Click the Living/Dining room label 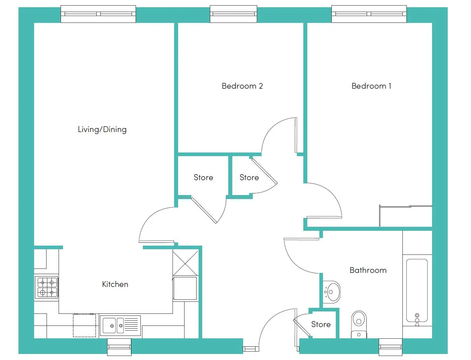(102, 130)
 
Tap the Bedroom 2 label (242, 86)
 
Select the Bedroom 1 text (371, 86)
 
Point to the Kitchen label (115, 284)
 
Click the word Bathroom (368, 270)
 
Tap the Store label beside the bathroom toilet (321, 324)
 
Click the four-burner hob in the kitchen (47, 287)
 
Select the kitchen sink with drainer (120, 325)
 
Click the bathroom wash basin (332, 292)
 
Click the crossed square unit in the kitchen (185, 262)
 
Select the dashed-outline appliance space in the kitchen (84, 325)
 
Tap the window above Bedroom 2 (233, 14)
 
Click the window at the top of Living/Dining (98, 14)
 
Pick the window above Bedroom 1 (369, 14)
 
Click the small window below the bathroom (390, 347)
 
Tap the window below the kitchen (119, 347)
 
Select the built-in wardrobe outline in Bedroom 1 (406, 216)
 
